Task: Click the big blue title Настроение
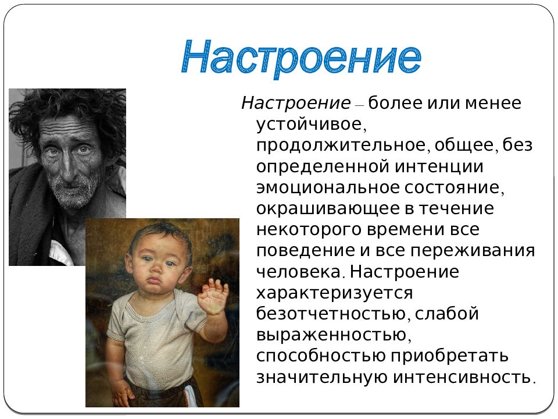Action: coord(301,57)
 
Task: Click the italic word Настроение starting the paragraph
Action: coord(296,104)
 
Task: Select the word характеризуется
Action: coord(335,293)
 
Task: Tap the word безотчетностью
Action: coord(332,314)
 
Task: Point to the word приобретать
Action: coord(449,356)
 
